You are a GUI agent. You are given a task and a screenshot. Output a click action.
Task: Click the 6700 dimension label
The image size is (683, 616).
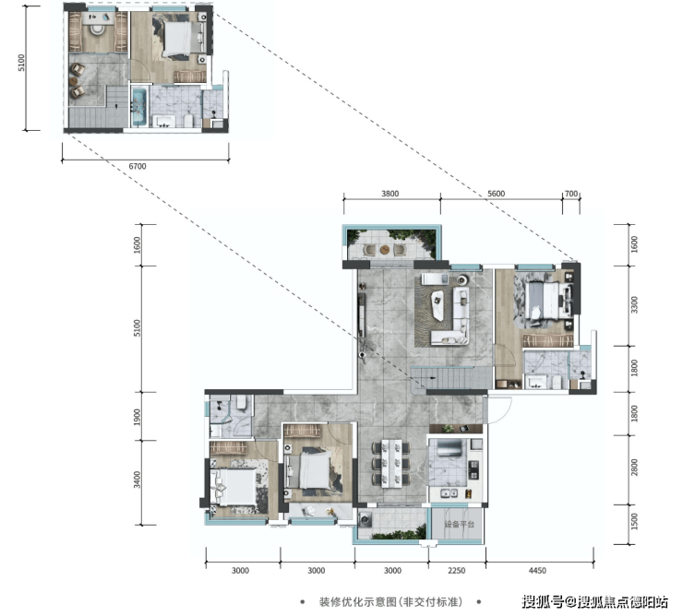(x=138, y=166)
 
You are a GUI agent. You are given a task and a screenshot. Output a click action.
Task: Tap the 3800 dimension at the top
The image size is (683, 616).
(x=389, y=194)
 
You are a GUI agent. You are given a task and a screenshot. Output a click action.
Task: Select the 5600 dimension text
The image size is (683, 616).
(x=497, y=194)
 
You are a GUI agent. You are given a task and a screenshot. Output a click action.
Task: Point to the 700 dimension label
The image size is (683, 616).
(x=570, y=194)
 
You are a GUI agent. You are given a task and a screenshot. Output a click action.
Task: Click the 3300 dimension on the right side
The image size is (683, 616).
(x=634, y=304)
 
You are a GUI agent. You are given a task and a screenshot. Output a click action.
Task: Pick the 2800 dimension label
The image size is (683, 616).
(x=634, y=468)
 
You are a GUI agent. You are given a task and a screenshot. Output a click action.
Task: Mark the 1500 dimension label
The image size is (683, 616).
(x=634, y=522)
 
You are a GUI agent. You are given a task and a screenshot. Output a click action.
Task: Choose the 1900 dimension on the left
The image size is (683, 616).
(x=138, y=417)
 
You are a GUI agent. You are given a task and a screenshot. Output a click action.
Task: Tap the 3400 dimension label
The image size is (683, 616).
(x=138, y=480)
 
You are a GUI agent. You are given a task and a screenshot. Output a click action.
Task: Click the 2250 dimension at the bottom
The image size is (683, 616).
(x=457, y=570)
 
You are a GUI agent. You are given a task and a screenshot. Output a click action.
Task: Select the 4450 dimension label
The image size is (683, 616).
(x=537, y=570)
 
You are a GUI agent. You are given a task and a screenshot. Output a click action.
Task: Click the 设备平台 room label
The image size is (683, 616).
(x=459, y=524)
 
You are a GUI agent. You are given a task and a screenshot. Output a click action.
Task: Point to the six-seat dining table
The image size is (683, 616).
(x=391, y=463)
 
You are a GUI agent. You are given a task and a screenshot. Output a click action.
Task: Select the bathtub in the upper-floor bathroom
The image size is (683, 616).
(x=139, y=107)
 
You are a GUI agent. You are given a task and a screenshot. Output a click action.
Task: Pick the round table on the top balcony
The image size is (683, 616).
(x=385, y=250)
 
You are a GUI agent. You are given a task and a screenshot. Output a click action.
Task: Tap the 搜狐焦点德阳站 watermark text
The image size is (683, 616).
(x=623, y=602)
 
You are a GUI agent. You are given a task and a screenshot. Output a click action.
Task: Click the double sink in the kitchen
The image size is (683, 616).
(x=449, y=493)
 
